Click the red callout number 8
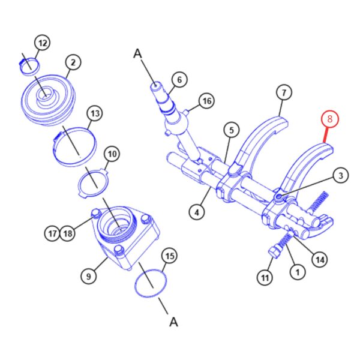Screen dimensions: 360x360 tap(329, 119)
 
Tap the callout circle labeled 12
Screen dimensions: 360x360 tap(43, 43)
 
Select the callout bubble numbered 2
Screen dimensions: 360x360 tap(73, 62)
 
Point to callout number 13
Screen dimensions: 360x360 tap(95, 113)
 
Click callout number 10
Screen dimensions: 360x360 tap(112, 154)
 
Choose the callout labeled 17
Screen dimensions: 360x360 tap(52, 233)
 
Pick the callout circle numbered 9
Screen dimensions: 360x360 tap(89, 276)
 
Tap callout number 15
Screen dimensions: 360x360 tap(170, 256)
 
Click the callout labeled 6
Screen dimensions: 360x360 tap(179, 80)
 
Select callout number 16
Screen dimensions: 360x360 tap(207, 101)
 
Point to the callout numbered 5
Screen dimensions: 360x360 tap(232, 130)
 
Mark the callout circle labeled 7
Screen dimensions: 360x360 tap(284, 92)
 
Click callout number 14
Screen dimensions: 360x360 tap(320, 260)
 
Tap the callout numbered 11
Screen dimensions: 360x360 tap(265, 278)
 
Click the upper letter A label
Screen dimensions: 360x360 tap(138, 54)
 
